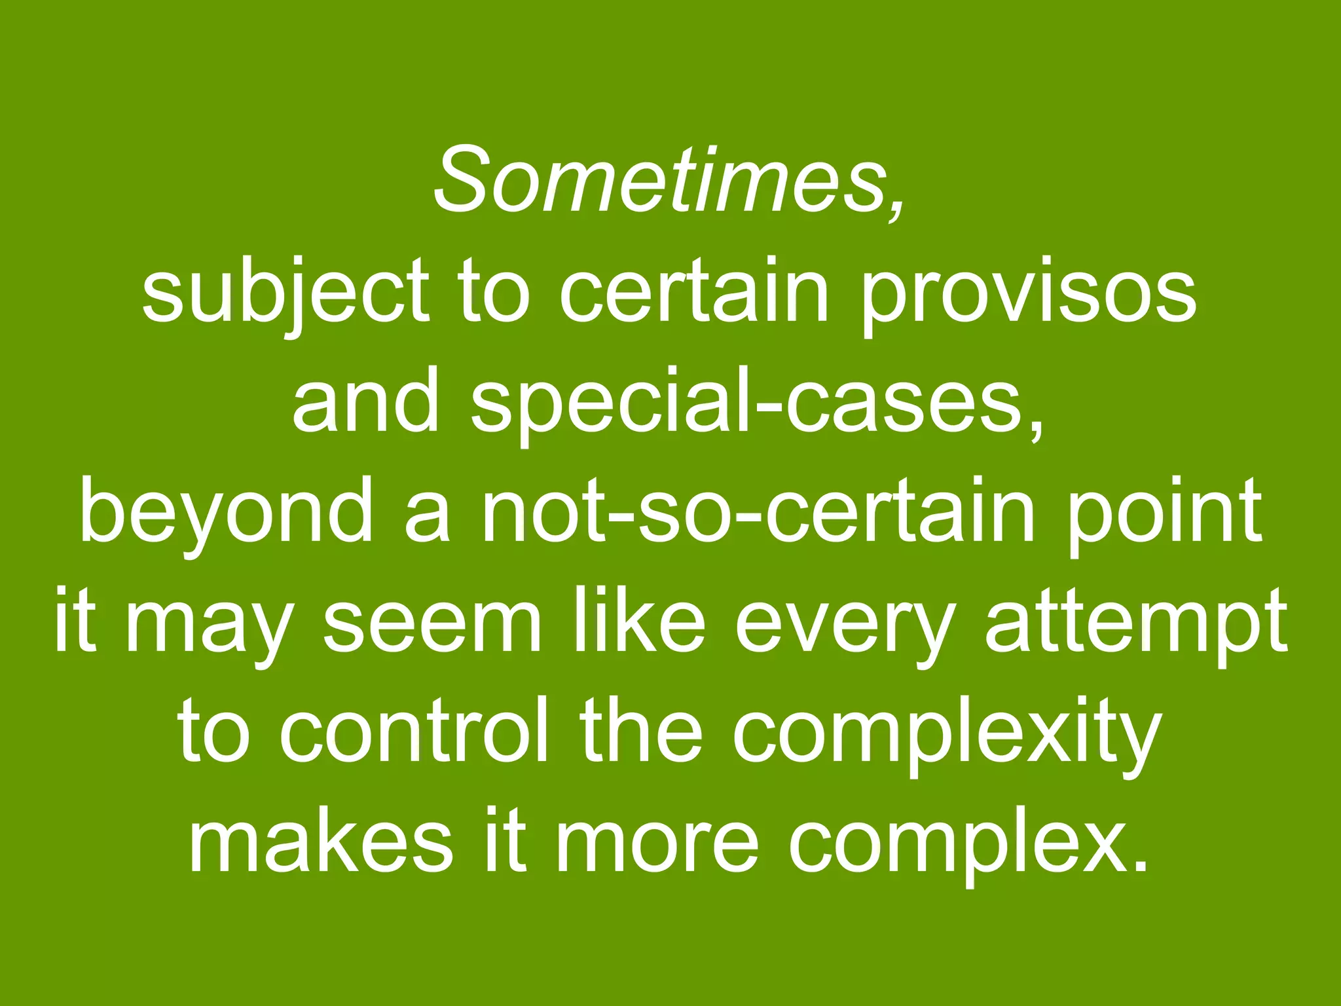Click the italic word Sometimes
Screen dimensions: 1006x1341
(x=658, y=179)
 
